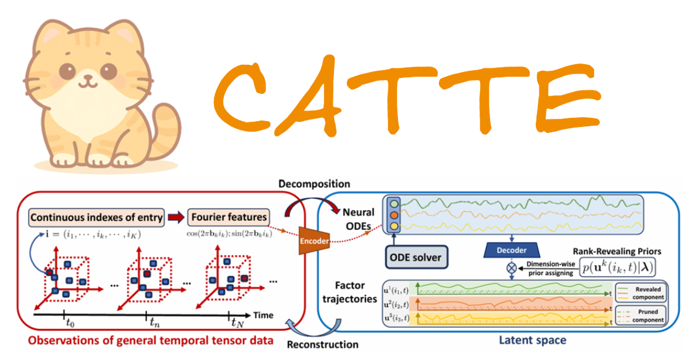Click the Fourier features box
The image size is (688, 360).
tap(229, 217)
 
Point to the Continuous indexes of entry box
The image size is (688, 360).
tap(96, 217)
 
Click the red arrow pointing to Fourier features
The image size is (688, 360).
tap(176, 217)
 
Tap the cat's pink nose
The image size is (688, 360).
tap(90, 75)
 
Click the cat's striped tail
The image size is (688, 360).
tap(159, 128)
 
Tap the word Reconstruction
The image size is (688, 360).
tap(323, 344)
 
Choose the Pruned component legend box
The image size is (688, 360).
tap(640, 315)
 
